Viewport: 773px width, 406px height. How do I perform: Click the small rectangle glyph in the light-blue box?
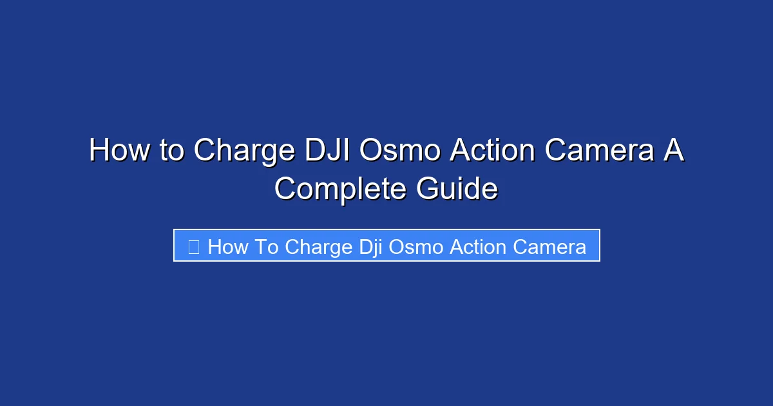(193, 247)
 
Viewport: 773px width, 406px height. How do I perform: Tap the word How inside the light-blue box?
(225, 247)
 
